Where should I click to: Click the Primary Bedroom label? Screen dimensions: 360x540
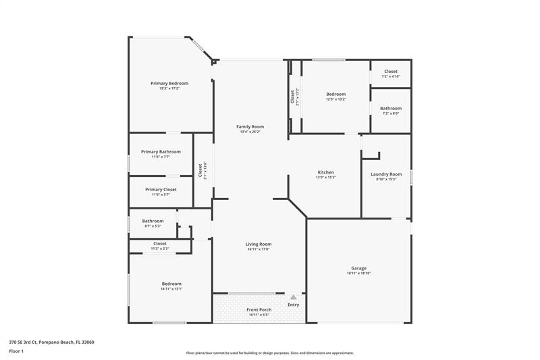(x=169, y=83)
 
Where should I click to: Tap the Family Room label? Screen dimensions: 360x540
(x=250, y=126)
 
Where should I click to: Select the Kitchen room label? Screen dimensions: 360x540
(x=326, y=172)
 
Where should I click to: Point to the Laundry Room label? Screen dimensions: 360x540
(x=386, y=174)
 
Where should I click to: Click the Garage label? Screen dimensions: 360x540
(x=358, y=268)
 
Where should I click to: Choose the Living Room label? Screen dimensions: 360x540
(x=259, y=244)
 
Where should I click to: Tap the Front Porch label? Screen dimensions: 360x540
(x=259, y=310)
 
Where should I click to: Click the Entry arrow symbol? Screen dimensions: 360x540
(x=294, y=297)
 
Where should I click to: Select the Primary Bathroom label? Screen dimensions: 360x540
(x=161, y=152)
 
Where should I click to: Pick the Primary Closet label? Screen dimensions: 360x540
(x=161, y=190)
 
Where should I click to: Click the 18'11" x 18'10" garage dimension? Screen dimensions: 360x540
(x=358, y=274)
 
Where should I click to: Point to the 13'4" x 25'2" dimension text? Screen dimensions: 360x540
(x=250, y=132)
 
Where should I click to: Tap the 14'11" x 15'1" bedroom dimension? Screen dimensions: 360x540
(x=171, y=289)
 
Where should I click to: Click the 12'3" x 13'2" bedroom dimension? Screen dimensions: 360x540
(x=335, y=99)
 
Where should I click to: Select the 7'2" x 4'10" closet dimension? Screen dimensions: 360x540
(x=391, y=77)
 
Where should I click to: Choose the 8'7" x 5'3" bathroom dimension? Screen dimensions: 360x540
(x=153, y=226)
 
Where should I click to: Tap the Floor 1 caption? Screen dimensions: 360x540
(x=16, y=351)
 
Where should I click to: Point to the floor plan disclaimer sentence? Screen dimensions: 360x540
(x=269, y=353)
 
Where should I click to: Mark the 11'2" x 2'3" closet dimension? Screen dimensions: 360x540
(x=160, y=249)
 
